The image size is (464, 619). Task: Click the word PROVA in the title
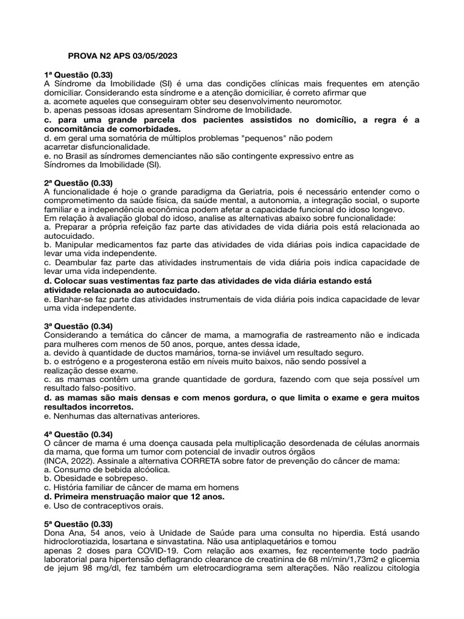pos(81,56)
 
